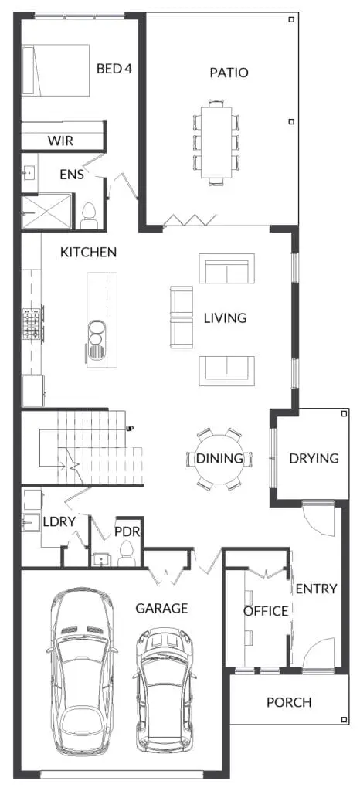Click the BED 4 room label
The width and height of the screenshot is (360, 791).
point(114,69)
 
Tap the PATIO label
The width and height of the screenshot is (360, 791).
point(229,73)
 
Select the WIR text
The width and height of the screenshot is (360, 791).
point(60,141)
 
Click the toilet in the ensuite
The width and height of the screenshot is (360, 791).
point(89,216)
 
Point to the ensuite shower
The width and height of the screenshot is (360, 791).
point(46,212)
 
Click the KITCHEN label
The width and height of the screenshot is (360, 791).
point(88,253)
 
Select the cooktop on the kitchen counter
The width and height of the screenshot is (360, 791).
point(32,324)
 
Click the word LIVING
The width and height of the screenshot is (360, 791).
point(225,318)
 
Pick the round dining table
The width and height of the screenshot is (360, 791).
point(219,459)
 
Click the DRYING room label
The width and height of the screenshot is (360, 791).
point(314,459)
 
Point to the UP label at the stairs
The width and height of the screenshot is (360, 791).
point(130,429)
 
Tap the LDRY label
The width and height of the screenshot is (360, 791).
point(59,522)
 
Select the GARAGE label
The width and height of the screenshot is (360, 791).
point(161,609)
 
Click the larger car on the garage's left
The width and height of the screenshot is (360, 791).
point(82,670)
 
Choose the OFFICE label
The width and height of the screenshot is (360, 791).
point(266,612)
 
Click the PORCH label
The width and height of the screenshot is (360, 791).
point(289,702)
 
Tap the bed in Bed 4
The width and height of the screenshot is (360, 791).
point(56,70)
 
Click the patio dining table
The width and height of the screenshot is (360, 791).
point(216,142)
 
